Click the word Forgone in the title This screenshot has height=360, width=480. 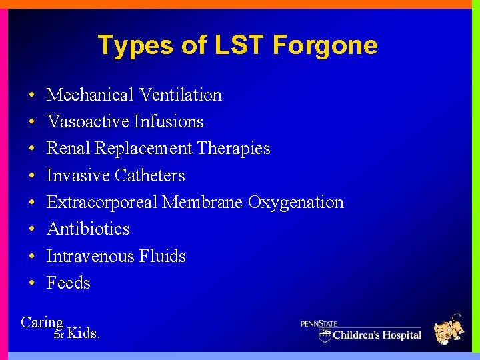tap(325, 45)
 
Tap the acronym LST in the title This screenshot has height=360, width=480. tap(230, 45)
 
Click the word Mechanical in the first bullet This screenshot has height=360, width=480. tap(91, 95)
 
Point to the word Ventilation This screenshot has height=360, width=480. tap(181, 95)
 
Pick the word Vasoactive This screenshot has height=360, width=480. tap(88, 122)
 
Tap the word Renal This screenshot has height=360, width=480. tap(69, 149)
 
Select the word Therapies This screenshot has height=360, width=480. tap(235, 149)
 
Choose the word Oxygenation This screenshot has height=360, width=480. tap(296, 203)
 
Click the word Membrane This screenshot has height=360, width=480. tap(203, 203)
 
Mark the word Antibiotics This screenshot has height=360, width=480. tap(88, 229)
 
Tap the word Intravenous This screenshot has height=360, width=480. tap(90, 257)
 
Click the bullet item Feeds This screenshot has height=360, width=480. tap(68, 283)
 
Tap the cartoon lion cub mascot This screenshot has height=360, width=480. tap(449, 329)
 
